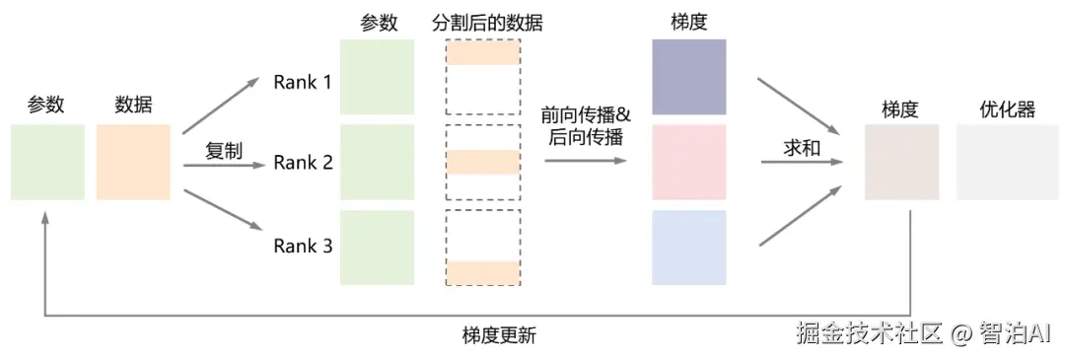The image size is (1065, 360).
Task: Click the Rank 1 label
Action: point(303,82)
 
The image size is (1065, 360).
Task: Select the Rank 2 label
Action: point(303,163)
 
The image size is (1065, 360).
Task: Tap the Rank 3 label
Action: point(303,246)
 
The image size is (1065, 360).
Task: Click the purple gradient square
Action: point(688,76)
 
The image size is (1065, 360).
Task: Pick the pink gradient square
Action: point(688,162)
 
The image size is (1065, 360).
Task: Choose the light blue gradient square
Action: point(688,248)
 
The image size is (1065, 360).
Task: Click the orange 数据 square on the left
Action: point(133,163)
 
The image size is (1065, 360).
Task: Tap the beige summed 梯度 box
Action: point(900,163)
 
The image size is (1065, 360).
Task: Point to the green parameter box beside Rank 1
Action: point(377,76)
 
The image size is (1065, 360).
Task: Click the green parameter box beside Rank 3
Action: point(377,248)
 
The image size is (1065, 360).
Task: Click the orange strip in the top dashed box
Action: point(483,55)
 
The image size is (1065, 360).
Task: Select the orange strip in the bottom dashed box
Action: point(483,271)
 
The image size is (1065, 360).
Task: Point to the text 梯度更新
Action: point(499,334)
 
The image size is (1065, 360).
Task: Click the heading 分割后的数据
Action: point(487,22)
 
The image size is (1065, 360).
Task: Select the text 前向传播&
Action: point(586,113)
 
